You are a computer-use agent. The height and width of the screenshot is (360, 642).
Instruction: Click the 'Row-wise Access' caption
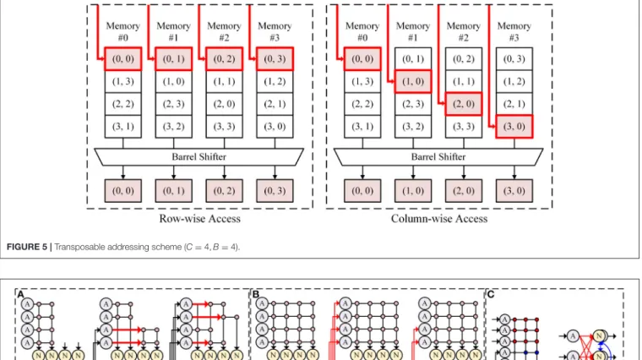[x=200, y=219]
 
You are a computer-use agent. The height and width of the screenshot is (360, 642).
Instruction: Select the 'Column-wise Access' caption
[x=439, y=219]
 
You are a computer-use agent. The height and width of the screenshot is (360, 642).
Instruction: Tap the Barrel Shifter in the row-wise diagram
[x=199, y=157]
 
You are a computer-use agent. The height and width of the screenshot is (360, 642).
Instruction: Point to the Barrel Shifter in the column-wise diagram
[x=438, y=157]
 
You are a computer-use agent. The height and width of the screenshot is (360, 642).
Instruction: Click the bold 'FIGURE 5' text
[x=27, y=247]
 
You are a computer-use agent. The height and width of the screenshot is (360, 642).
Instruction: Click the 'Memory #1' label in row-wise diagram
[x=174, y=31]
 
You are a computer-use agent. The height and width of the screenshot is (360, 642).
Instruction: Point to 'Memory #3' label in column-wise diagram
[x=514, y=31]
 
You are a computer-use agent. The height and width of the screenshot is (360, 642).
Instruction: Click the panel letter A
[x=20, y=294]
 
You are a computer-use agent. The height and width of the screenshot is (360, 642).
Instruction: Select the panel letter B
[x=256, y=294]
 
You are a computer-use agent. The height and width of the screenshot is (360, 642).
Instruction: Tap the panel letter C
[x=491, y=294]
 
